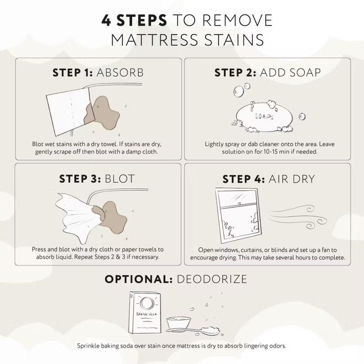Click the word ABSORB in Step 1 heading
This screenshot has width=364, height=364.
(120, 73)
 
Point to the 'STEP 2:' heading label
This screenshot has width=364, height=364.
(235, 73)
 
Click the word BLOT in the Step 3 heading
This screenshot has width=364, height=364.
(120, 178)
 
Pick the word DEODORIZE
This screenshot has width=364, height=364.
(212, 279)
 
